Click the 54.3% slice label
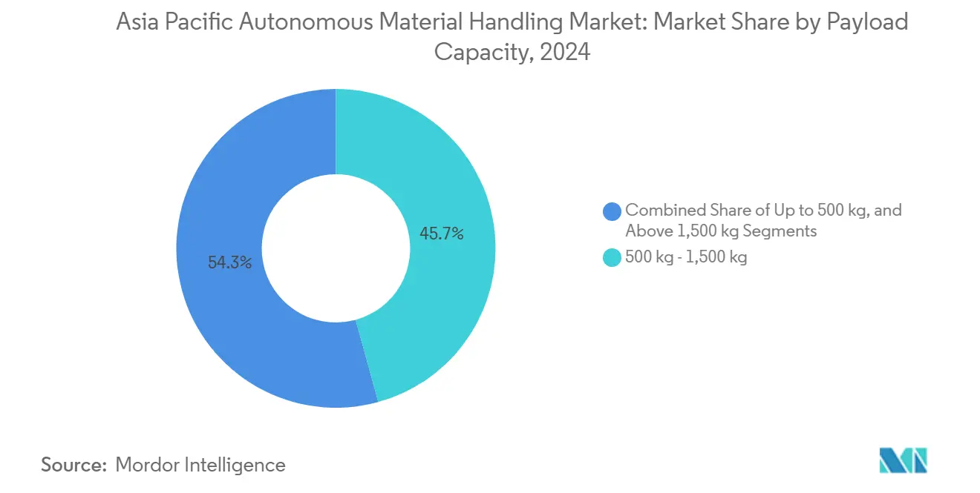pos(229,262)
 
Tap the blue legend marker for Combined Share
pos(612,211)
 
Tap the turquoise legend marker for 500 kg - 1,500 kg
pos(612,258)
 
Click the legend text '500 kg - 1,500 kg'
pos(686,258)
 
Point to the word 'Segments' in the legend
pos(781,231)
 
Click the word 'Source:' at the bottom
pos(74,465)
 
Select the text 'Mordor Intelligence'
pos(200,465)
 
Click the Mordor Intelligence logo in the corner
pos(903,461)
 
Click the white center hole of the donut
pos(336,248)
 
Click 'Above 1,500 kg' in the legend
pos(677,231)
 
